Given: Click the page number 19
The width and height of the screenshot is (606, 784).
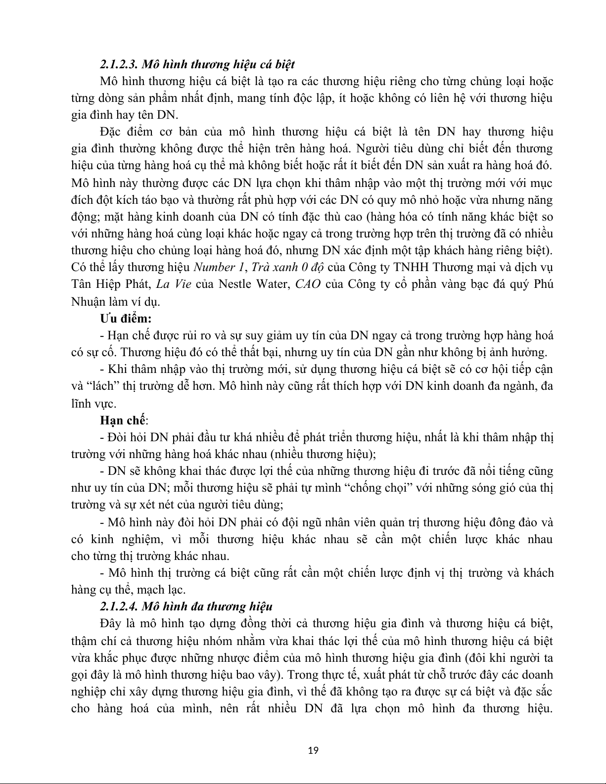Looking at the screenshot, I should [313, 750].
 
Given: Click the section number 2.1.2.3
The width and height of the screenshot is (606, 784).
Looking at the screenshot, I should [119, 64].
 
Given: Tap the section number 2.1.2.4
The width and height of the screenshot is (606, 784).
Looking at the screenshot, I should [119, 606].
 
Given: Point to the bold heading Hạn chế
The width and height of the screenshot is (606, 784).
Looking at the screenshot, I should [123, 420].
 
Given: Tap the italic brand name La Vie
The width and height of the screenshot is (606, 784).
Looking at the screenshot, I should [167, 284].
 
